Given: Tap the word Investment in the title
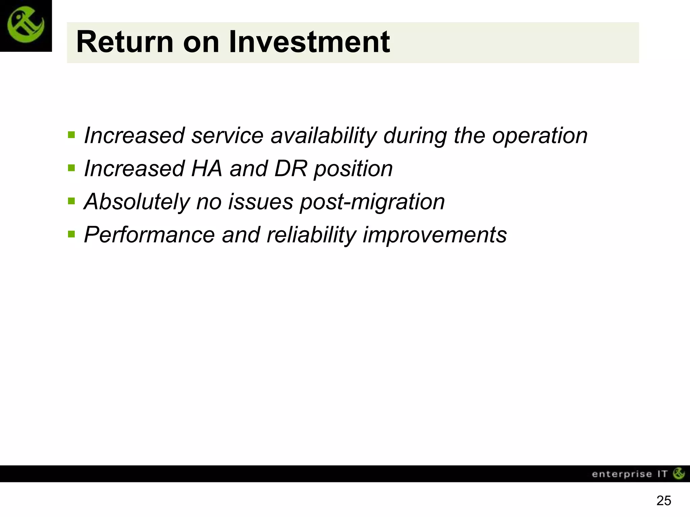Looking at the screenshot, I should [309, 42].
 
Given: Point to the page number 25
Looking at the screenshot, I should [664, 501].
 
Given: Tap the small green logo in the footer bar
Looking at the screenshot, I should [679, 473].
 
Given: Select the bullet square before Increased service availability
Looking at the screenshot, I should [71, 135].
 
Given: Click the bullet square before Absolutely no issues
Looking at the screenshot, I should [71, 201].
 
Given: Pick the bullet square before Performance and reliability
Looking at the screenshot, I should [71, 234].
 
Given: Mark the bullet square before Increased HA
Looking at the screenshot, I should [71, 168].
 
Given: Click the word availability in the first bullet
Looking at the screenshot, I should [323, 136].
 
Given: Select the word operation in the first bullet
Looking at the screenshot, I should [540, 136].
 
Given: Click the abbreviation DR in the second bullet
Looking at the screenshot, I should [291, 168].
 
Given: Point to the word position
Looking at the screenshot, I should [353, 169].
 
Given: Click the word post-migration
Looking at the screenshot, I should [372, 202].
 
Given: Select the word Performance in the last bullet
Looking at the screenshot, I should [149, 235].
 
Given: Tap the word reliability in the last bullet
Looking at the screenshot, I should [311, 235].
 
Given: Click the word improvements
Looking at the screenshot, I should [435, 235].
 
